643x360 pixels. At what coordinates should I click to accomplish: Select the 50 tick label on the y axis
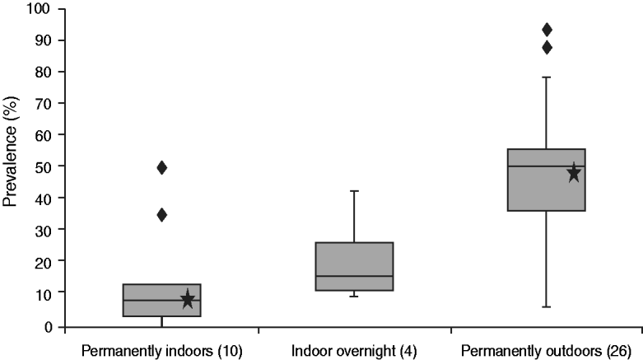point(41,167)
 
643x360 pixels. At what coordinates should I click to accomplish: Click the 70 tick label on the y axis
point(41,104)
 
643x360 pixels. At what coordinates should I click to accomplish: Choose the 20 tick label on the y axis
point(41,262)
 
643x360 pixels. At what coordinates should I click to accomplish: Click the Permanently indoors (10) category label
point(161,351)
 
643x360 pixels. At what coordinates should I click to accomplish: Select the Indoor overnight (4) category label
point(354,351)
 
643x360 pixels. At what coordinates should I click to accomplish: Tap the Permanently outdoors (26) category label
point(546,351)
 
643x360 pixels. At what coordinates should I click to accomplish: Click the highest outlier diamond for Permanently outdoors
point(547,30)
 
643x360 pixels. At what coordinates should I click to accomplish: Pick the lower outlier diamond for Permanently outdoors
point(547,48)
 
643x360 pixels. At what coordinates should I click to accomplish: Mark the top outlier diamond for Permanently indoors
point(162,168)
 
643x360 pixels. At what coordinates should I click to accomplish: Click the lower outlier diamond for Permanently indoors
point(162,215)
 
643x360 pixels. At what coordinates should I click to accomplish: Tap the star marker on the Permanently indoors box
point(188,299)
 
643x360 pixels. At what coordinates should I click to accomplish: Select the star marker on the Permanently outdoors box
point(574,173)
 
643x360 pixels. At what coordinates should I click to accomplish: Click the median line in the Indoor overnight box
point(354,277)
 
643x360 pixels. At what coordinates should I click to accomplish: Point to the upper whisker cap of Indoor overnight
point(354,191)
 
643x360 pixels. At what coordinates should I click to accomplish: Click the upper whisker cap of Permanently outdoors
point(547,77)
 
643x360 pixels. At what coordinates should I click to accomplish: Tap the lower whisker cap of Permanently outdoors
point(547,307)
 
